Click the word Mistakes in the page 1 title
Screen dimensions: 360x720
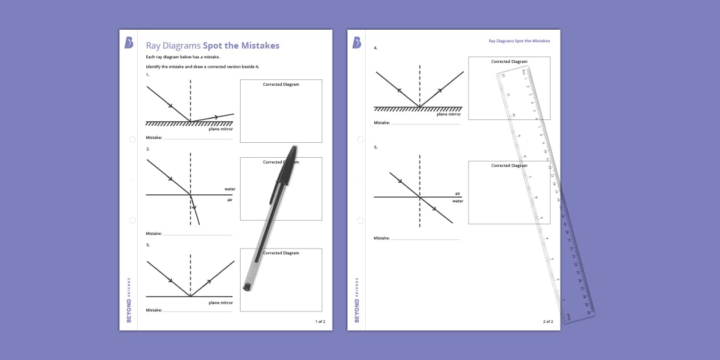tap(259, 46)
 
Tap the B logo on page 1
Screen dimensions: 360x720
tap(129, 43)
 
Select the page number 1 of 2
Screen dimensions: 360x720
tap(320, 322)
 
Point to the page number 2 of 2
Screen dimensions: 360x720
tap(547, 322)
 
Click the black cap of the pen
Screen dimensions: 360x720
tap(285, 166)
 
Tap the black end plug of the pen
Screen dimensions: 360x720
tap(247, 286)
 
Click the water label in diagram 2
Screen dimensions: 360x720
tap(230, 189)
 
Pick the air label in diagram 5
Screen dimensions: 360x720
tap(458, 194)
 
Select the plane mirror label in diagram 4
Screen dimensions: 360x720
tap(449, 114)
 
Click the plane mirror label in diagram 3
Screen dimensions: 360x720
tap(221, 303)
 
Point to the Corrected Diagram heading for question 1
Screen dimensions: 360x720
tap(281, 85)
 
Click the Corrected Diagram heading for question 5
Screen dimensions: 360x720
tap(509, 166)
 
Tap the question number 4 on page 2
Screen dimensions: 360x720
tap(375, 48)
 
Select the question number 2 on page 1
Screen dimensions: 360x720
tap(147, 149)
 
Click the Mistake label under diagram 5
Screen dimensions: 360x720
tap(382, 238)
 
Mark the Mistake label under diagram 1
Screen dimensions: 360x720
tap(154, 138)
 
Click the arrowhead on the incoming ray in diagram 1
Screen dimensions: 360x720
tap(170, 105)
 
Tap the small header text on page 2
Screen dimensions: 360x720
tap(519, 41)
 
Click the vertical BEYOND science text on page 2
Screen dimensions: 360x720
tap(357, 300)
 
